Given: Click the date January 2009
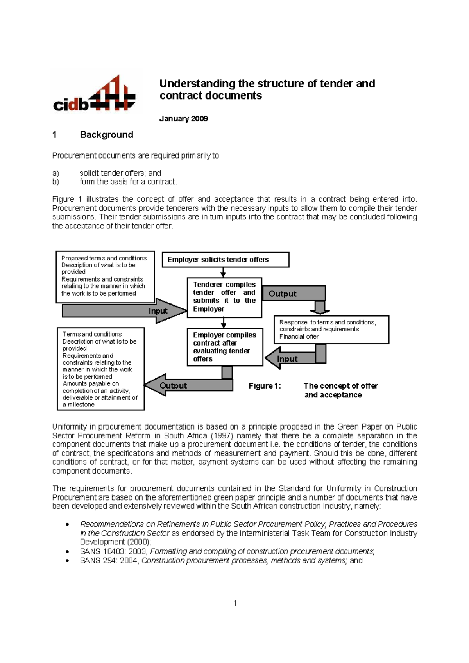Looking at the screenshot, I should [183, 119].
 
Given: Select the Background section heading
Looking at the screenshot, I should [106, 135].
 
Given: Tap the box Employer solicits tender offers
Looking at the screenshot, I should [225, 260].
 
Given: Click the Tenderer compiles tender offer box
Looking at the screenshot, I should [224, 297].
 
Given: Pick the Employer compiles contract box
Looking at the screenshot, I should [224, 347].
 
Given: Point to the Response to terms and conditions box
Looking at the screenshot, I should [331, 330].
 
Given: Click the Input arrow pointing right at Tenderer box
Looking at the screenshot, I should [158, 311].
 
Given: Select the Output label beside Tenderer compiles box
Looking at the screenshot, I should [283, 294].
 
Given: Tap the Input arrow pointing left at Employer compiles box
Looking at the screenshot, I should [287, 359].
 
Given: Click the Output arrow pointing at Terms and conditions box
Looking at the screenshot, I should [174, 385].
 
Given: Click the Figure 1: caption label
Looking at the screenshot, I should [265, 386].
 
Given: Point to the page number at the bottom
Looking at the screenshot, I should [235, 603].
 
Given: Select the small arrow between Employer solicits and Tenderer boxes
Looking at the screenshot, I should [223, 273].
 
